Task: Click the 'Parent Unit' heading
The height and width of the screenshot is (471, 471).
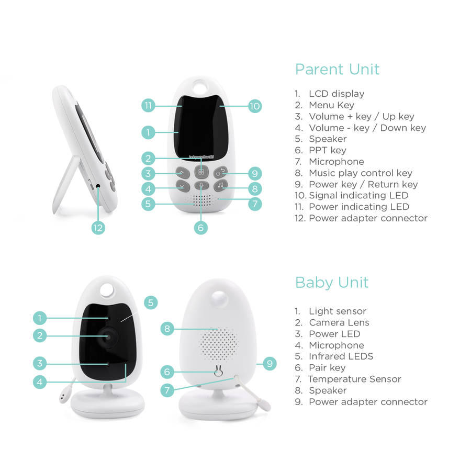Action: (337, 70)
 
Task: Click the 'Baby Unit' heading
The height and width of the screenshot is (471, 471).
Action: (332, 283)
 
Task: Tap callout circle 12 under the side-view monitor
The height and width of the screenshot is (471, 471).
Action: (98, 228)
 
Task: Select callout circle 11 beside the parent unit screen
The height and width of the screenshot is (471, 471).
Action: (148, 105)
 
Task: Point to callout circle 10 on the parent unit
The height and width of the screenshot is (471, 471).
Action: (255, 106)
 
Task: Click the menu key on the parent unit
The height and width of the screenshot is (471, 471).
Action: (201, 172)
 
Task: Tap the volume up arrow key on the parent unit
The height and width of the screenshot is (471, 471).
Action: (183, 173)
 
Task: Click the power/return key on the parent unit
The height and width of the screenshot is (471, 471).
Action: (220, 172)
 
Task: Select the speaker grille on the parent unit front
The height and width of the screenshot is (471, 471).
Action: (201, 200)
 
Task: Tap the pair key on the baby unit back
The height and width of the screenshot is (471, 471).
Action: (218, 371)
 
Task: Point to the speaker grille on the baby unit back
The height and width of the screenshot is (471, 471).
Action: (218, 344)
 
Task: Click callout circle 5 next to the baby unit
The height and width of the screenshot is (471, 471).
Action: (151, 302)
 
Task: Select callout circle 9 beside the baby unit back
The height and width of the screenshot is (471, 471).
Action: (270, 364)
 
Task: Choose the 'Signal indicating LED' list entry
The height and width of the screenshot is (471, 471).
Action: (358, 196)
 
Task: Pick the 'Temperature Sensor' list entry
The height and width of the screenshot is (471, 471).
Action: (354, 379)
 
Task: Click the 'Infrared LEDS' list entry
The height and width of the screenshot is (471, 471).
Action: (341, 356)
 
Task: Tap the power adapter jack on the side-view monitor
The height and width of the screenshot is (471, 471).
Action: (98, 186)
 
